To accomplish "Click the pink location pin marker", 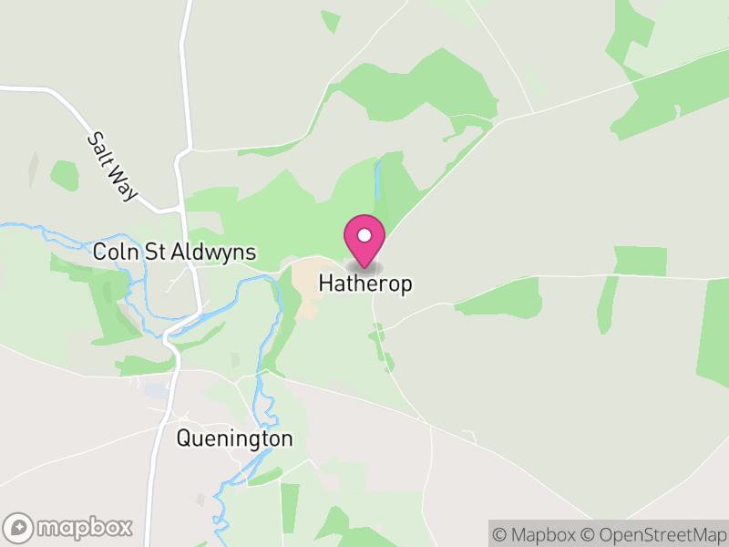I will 364,239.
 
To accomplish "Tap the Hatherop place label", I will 364,284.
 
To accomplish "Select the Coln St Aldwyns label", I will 175,253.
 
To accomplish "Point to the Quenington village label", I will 234,439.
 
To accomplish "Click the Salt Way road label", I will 112,167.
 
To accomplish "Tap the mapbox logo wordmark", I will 84,527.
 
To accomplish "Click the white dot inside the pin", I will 364,235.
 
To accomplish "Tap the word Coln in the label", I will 115,253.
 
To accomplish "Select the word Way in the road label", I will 123,182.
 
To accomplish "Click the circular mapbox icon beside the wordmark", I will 19,527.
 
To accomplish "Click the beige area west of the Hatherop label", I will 304,278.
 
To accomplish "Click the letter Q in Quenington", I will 184,439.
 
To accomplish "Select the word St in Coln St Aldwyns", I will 155,253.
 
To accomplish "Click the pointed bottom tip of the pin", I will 364,267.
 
